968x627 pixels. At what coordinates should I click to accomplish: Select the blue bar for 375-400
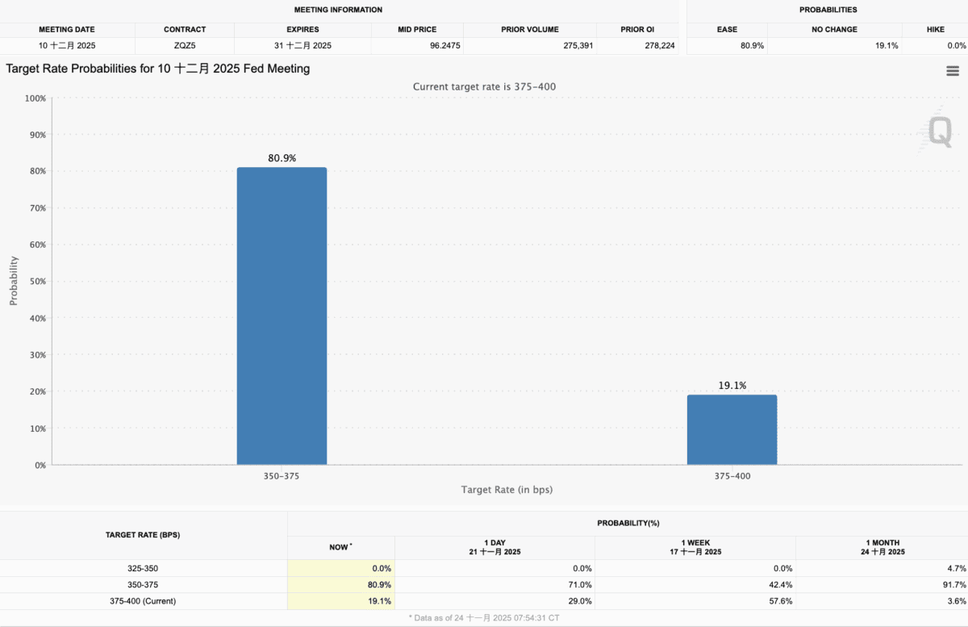tap(732, 429)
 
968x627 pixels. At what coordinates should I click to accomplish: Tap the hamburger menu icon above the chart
tap(952, 71)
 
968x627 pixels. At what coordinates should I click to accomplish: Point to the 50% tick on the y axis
tap(36, 281)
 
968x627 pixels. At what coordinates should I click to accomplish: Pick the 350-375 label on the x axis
tap(282, 476)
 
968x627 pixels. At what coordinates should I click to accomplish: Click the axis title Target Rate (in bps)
tap(507, 490)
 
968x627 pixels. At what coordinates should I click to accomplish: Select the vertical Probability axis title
tap(14, 281)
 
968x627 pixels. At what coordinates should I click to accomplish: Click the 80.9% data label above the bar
tap(282, 158)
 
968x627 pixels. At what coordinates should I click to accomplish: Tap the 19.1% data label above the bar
tap(732, 386)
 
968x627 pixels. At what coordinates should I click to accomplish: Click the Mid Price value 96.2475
tap(445, 46)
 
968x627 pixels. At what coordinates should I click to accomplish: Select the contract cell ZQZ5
tap(185, 46)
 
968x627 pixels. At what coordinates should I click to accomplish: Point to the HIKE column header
tap(936, 30)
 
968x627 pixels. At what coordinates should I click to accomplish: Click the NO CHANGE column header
tap(834, 30)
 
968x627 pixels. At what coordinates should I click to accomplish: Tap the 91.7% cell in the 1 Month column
tap(953, 584)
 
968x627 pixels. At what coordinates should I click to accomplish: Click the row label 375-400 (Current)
tap(143, 601)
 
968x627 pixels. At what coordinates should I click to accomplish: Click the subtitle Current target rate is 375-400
tap(484, 86)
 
